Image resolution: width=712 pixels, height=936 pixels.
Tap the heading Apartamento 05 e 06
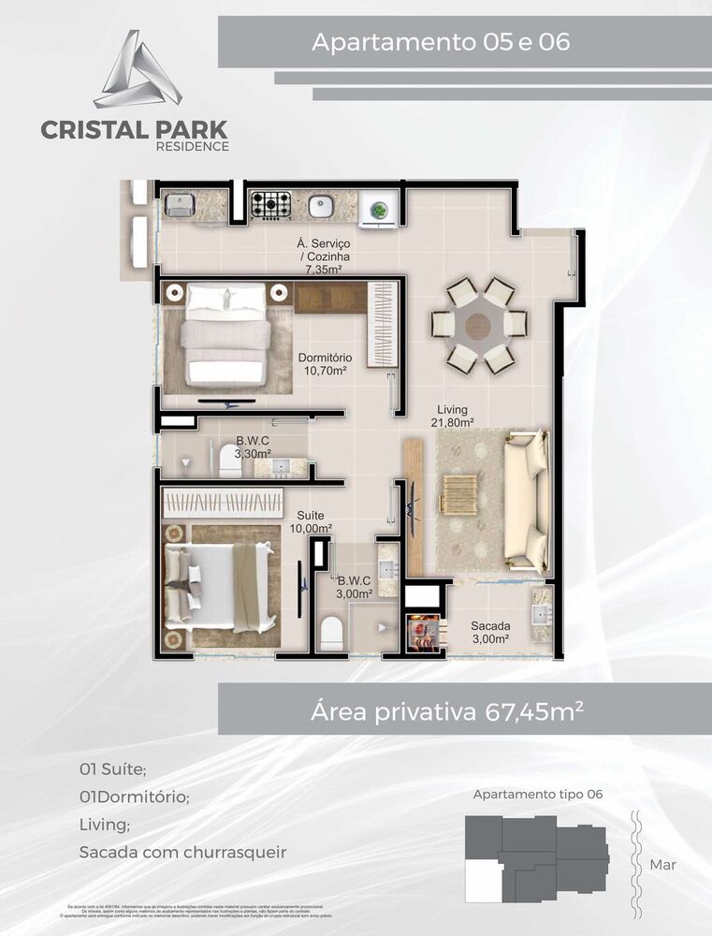point(441,42)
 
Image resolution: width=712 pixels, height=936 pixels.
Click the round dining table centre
point(478,326)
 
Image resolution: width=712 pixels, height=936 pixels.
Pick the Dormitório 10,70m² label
point(325,363)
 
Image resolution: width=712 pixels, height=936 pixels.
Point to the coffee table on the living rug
point(458,493)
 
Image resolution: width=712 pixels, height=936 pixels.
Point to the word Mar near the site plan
point(662,865)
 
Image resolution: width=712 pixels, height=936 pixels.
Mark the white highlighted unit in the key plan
point(484,879)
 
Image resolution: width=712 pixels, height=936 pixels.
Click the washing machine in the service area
point(380,207)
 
